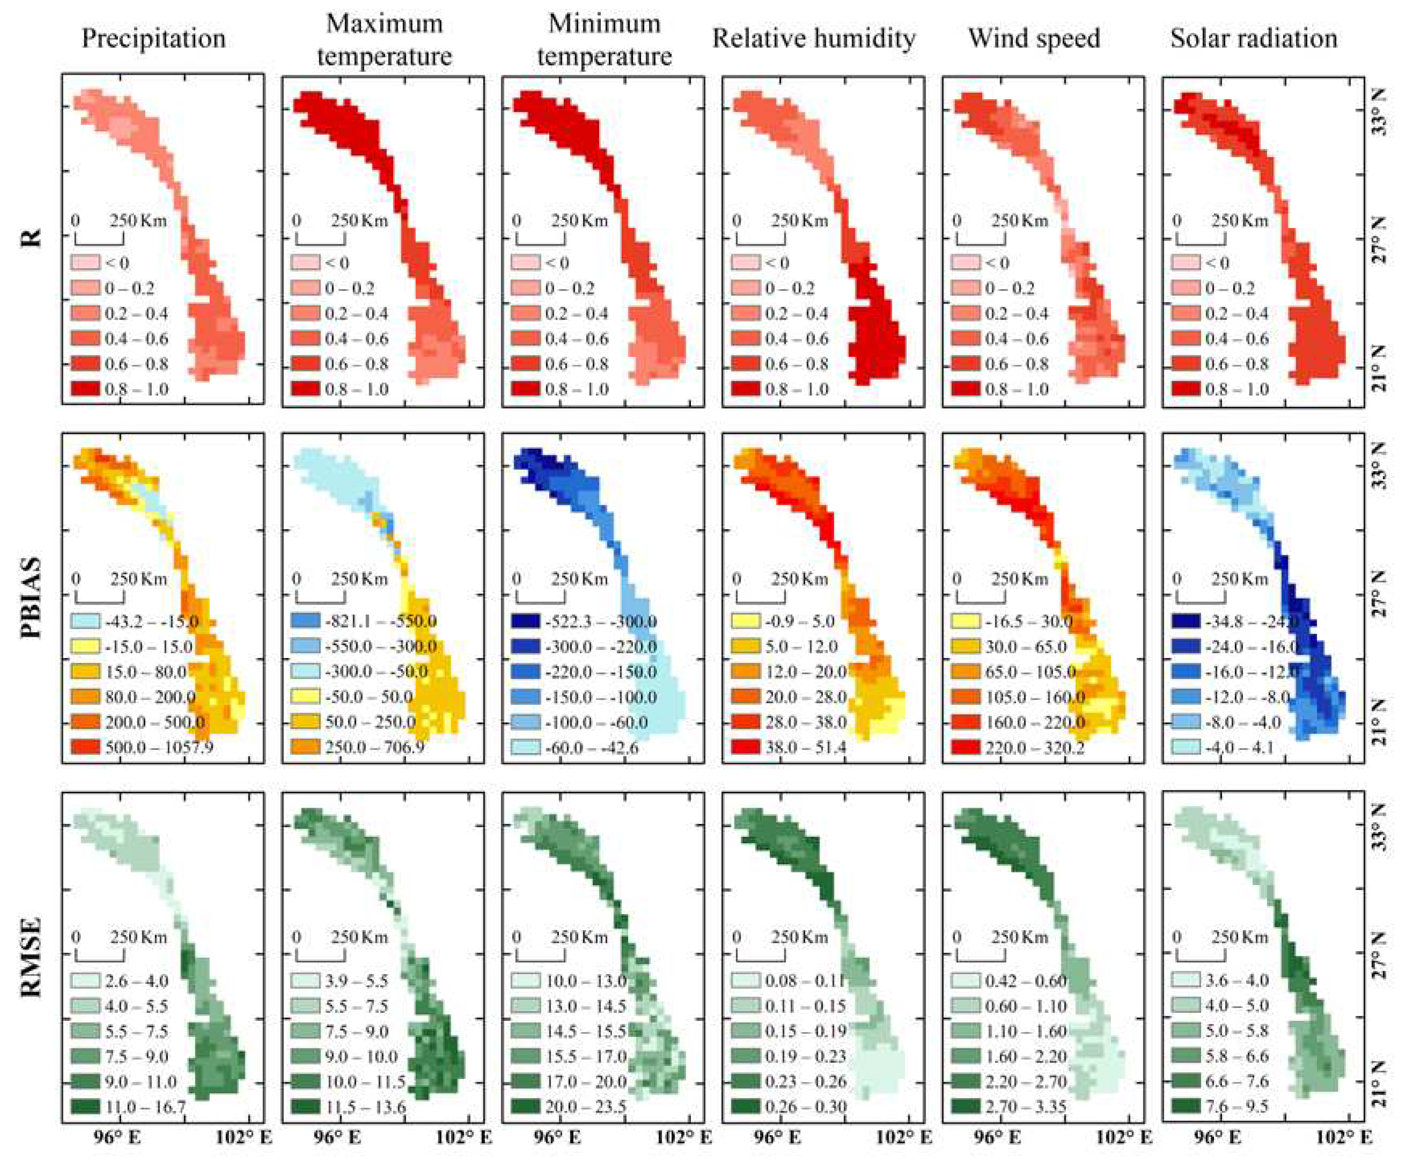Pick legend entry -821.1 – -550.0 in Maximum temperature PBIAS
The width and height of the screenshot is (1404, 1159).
tap(380, 621)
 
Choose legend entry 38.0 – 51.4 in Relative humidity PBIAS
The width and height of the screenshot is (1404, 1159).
tap(806, 747)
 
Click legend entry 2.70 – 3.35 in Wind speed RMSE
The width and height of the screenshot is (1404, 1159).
tap(1026, 1106)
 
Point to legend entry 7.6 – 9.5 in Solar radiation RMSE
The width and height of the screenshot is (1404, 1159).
tap(1237, 1106)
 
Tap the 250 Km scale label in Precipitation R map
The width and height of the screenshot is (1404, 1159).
tap(138, 220)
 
